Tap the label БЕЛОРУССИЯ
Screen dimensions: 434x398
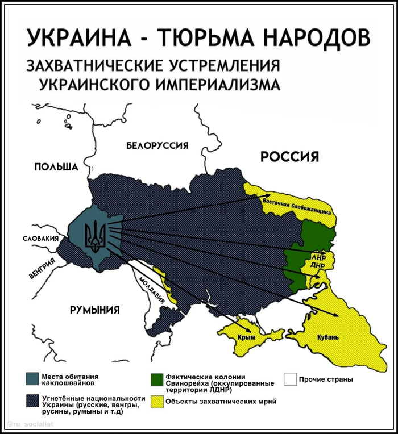[157, 146]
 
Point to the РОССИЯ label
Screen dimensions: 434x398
[289, 157]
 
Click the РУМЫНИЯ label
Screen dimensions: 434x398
[94, 310]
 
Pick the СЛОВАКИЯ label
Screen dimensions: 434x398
[40, 239]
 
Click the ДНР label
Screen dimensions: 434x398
[317, 265]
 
